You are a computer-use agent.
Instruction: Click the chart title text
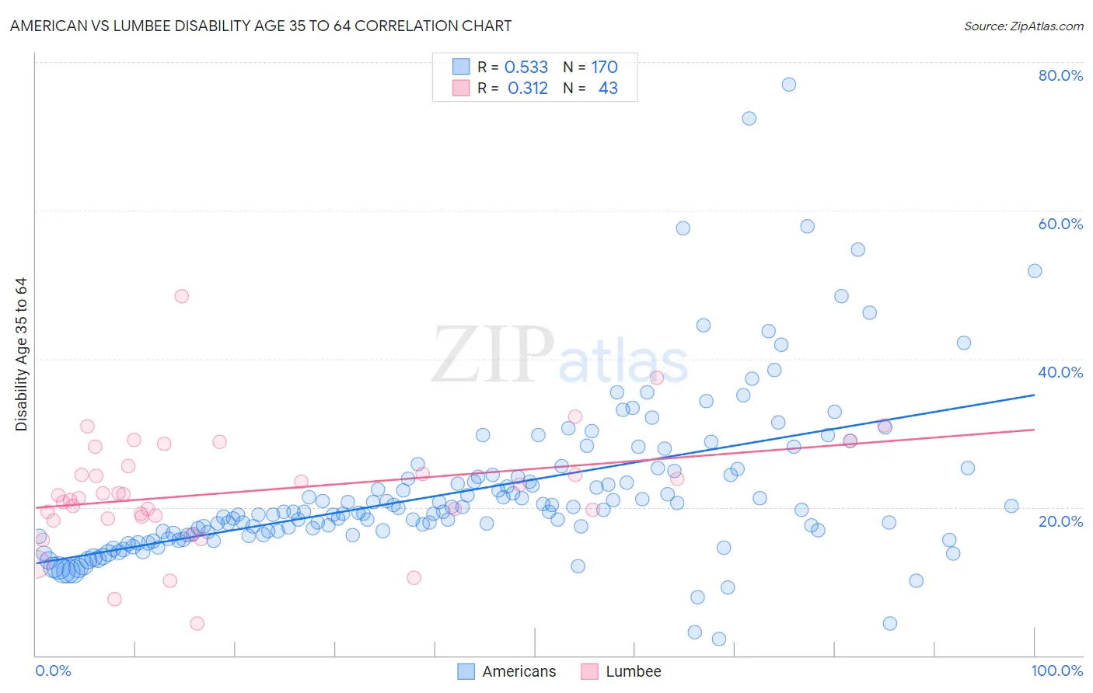tap(260, 26)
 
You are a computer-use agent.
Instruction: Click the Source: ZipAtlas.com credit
tap(1023, 26)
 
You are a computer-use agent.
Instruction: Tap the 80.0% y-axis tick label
tap(1060, 75)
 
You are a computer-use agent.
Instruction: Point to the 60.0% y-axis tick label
tap(1060, 224)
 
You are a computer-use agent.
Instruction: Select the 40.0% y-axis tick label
tap(1060, 372)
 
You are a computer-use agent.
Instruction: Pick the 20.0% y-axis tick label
tap(1060, 521)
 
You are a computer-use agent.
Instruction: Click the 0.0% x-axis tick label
tap(53, 670)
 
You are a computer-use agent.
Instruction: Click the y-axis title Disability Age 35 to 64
tap(21, 354)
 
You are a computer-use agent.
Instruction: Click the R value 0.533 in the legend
tap(526, 67)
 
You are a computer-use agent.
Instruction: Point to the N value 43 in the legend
tap(608, 89)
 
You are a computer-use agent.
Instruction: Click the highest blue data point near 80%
tap(789, 85)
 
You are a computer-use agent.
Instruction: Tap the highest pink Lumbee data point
tap(182, 296)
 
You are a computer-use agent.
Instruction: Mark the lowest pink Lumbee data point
tap(197, 623)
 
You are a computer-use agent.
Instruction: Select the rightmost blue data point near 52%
tap(1035, 271)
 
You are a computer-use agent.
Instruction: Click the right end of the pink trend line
tap(1035, 430)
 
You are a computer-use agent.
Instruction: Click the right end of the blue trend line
tap(1035, 395)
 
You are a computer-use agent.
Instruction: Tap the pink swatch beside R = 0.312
tap(461, 89)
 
